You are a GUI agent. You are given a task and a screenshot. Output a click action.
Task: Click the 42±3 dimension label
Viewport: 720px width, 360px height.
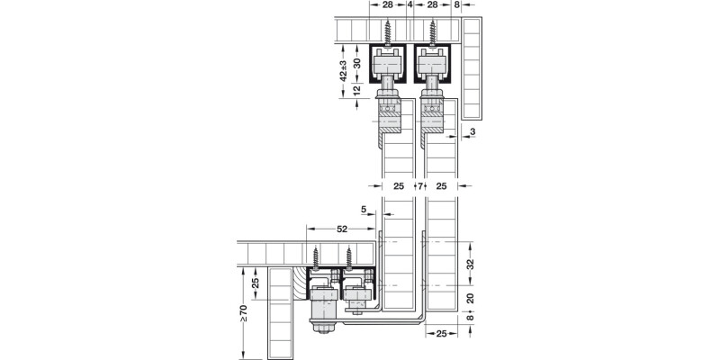[344, 70]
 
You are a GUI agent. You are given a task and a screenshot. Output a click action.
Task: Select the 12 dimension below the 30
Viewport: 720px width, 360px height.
[357, 90]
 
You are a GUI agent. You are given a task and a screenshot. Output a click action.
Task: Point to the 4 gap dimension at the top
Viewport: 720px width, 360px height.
[409, 5]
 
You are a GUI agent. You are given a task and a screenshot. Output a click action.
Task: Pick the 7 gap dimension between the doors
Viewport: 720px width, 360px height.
[419, 186]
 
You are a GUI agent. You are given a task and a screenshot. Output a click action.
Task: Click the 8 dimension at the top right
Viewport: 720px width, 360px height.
[458, 5]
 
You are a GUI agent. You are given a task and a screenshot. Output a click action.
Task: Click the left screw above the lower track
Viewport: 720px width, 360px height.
[316, 256]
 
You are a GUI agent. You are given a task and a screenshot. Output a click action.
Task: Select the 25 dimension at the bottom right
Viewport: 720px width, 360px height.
[442, 334]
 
